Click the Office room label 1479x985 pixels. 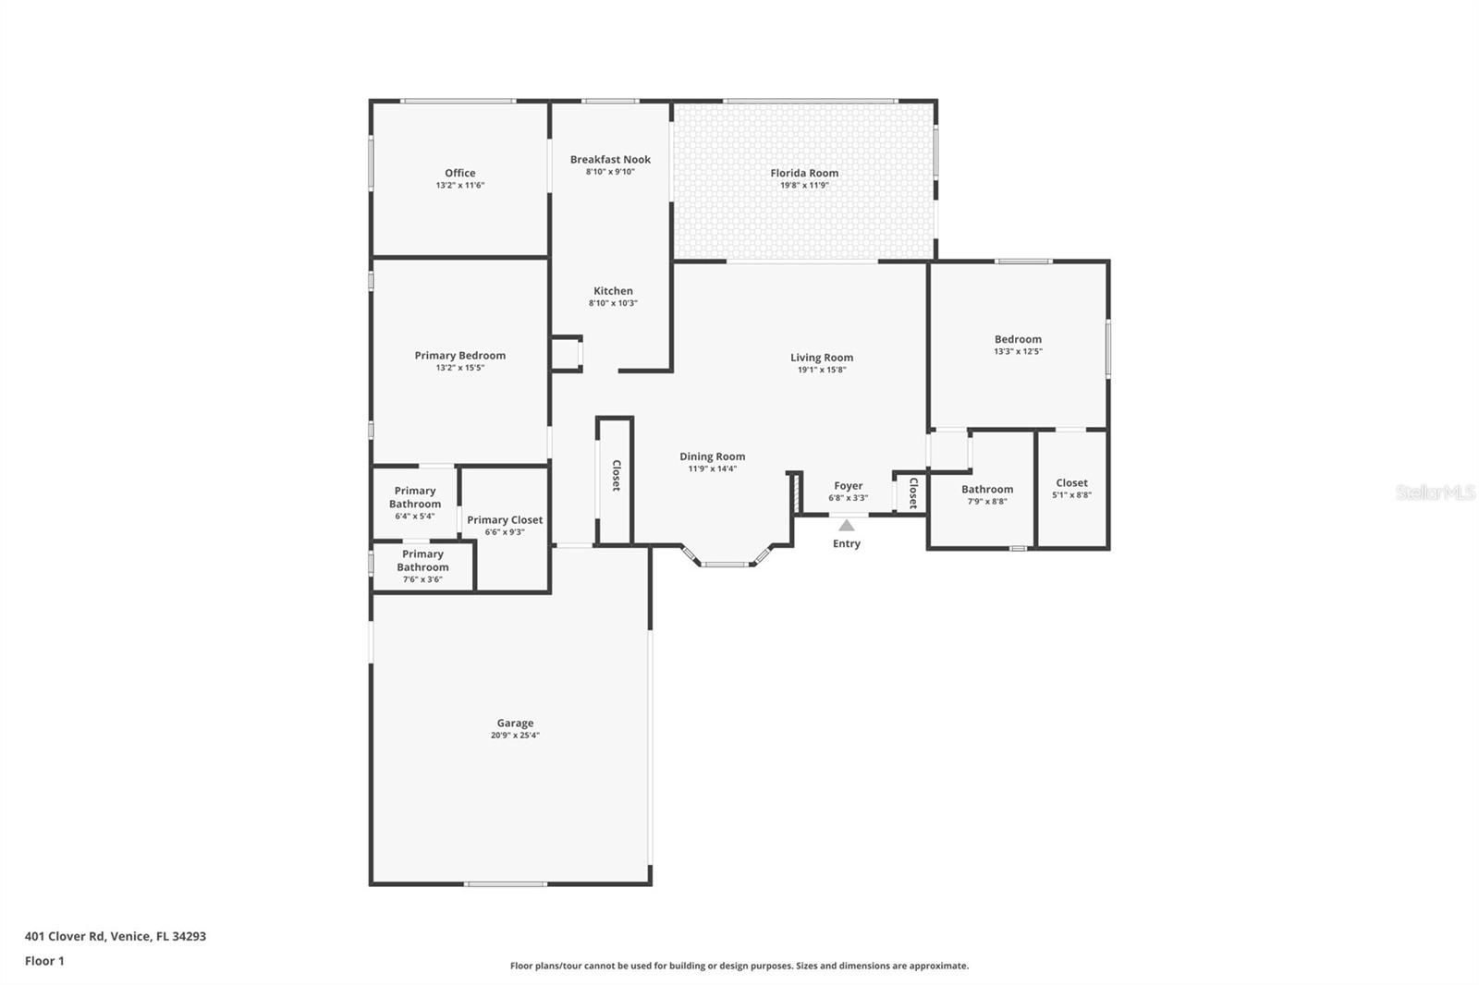pos(459,173)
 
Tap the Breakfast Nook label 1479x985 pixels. pos(610,159)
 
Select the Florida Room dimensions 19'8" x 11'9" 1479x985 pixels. pos(804,186)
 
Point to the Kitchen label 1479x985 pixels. pos(613,290)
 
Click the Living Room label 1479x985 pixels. pos(822,358)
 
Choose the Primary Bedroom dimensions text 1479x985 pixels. pos(459,368)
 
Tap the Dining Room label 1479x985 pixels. pos(712,456)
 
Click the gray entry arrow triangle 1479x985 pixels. pos(846,526)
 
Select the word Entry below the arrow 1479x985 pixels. pos(846,543)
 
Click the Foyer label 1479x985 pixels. pos(848,486)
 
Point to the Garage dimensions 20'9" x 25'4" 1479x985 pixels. pos(515,736)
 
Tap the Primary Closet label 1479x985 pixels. pos(505,520)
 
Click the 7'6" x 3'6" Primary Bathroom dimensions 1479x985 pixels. pos(422,579)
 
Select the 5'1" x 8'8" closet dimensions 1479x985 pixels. pos(1071,495)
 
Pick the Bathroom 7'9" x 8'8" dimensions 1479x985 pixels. pos(987,502)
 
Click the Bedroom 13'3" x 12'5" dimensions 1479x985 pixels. pos(1018,352)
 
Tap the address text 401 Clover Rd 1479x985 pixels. pos(65,936)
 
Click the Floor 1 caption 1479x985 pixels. pos(44,961)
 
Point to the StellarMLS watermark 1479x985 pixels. pos(1436,492)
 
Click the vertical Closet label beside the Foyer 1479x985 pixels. pos(913,493)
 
